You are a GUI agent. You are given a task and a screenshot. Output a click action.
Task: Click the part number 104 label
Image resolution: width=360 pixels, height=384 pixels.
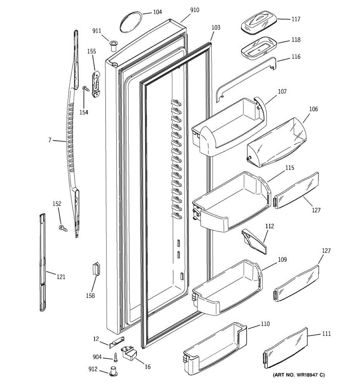(x=157, y=12)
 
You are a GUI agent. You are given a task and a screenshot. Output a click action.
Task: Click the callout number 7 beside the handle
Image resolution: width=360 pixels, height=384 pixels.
(x=50, y=140)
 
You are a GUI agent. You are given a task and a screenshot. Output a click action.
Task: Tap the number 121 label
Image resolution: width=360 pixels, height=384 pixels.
(x=61, y=276)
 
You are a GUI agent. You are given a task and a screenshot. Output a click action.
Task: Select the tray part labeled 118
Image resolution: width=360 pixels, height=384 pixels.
(x=258, y=48)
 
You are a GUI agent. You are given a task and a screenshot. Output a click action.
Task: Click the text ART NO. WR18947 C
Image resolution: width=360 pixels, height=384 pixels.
(x=299, y=375)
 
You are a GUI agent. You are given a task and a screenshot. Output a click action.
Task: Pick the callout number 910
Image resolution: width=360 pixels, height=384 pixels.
(x=195, y=10)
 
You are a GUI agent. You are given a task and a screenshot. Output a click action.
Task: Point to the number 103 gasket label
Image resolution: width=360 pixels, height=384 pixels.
(x=216, y=28)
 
